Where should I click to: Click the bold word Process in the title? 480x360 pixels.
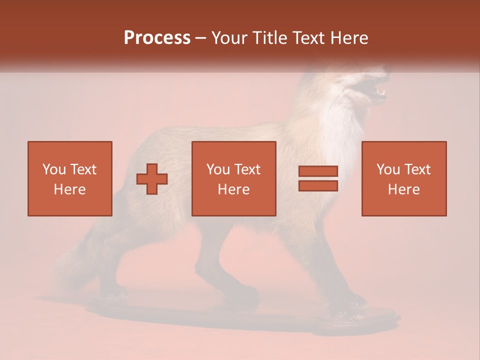(157, 38)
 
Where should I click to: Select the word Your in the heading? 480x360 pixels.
(228, 38)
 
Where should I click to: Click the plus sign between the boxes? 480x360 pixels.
(152, 179)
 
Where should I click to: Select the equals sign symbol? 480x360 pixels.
(318, 178)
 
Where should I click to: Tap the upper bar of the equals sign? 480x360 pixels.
(318, 171)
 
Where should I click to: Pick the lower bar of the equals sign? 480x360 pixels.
(318, 186)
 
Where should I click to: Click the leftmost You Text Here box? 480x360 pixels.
(69, 178)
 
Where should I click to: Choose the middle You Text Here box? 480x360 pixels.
(233, 178)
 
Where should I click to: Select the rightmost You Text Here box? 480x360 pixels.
(403, 178)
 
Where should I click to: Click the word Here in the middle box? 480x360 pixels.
(233, 189)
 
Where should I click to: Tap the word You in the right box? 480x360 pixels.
(388, 169)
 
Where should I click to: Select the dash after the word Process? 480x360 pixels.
(201, 38)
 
